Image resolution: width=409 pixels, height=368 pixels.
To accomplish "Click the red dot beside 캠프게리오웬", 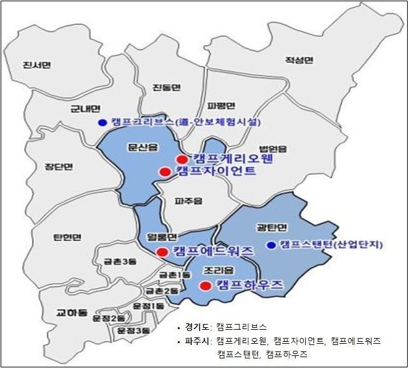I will [x=182, y=159].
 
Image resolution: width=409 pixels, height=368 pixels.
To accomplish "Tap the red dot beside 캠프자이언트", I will [x=164, y=172].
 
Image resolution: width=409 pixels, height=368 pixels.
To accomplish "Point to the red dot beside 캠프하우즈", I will [x=205, y=286].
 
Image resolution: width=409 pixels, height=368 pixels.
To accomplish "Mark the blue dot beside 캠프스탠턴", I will [x=272, y=244].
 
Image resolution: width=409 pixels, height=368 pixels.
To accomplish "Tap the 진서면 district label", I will [x=35, y=65].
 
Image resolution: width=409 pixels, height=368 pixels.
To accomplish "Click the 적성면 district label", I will [x=299, y=61].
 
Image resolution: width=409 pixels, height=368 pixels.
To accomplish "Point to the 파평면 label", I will [x=221, y=105].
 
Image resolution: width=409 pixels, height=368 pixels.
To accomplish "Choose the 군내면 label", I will [x=84, y=108].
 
